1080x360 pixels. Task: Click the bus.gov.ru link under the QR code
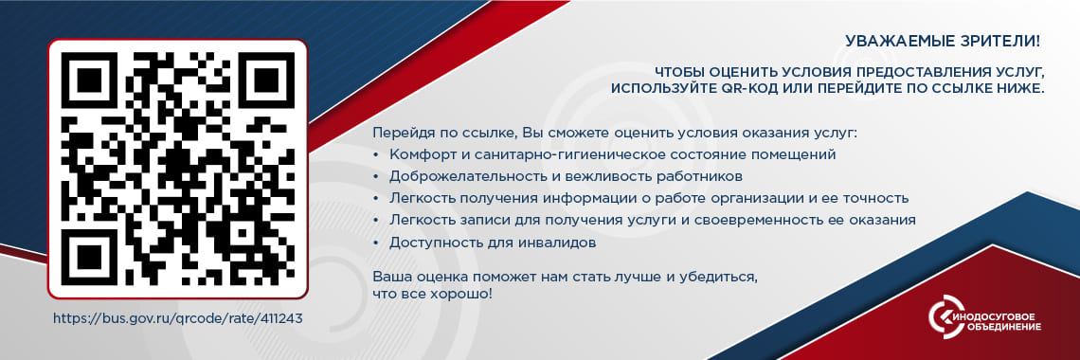coord(177,318)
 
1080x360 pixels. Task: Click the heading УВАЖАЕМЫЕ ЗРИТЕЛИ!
coord(943,42)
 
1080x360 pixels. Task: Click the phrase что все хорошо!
coord(432,295)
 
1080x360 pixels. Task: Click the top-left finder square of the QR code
coord(91,81)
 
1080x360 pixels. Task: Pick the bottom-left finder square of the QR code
coord(91,256)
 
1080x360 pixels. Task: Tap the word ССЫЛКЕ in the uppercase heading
coord(980,88)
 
